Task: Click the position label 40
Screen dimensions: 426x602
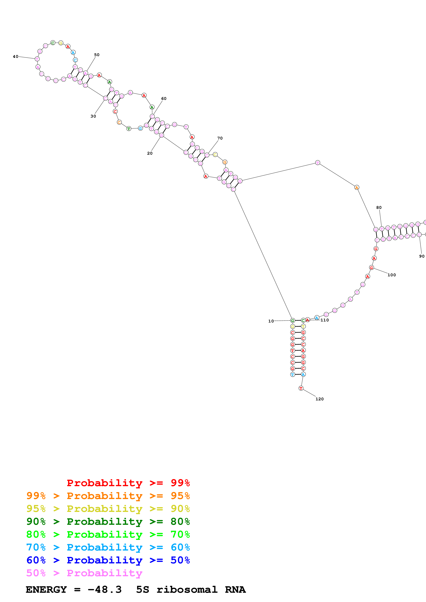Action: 15,56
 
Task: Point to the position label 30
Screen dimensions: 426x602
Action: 93,116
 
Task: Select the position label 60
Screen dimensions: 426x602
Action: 164,99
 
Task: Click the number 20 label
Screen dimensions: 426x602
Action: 150,153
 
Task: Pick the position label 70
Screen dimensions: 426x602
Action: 220,138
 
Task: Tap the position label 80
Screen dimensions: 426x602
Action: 379,207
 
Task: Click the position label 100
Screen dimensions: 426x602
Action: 392,275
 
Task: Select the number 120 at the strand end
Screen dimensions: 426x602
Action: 319,399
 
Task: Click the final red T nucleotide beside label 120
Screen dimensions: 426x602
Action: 301,388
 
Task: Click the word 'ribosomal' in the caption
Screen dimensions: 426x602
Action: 187,590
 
